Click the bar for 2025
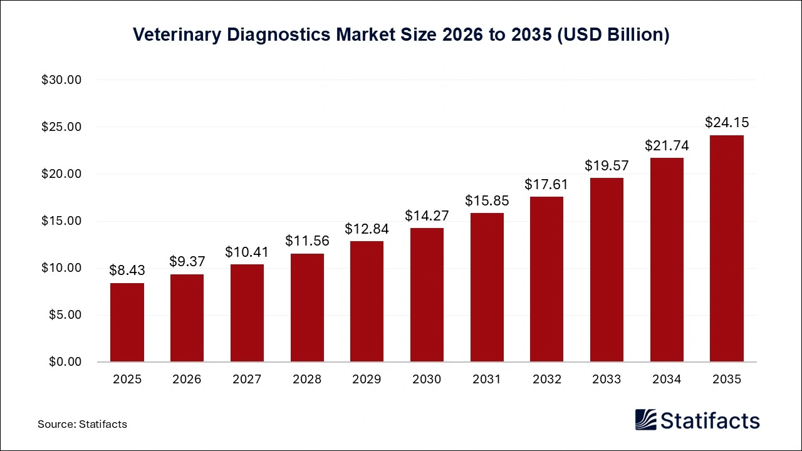[x=127, y=322]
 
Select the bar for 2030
[x=427, y=294]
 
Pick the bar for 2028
[x=307, y=307]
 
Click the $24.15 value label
[x=726, y=122]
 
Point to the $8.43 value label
[x=127, y=270]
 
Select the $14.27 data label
[x=427, y=215]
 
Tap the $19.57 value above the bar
[x=607, y=165]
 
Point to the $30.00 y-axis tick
[x=62, y=80]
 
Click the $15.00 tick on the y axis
[x=62, y=221]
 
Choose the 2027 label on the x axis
[x=247, y=380]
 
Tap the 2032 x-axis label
[x=546, y=380]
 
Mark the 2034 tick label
[x=667, y=380]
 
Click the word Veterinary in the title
[x=177, y=35]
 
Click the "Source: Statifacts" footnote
[x=82, y=424]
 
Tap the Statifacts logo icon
[x=646, y=420]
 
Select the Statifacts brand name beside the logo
[x=709, y=420]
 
